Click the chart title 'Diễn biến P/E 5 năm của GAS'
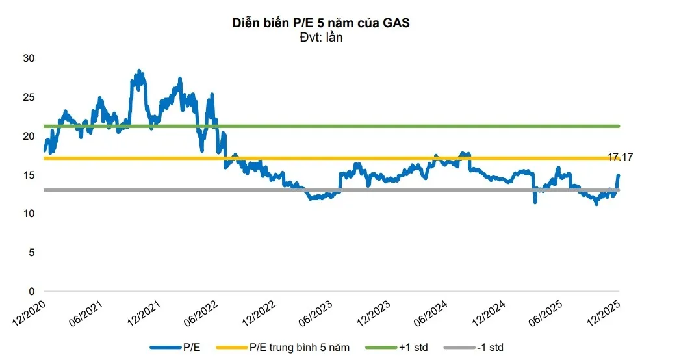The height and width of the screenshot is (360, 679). [x=321, y=23]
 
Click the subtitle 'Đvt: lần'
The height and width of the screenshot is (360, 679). [x=322, y=37]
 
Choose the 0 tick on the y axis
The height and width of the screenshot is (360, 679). [x=31, y=291]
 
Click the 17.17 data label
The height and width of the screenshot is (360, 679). [x=620, y=157]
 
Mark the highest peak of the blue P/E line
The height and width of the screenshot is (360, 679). [x=138, y=70]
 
